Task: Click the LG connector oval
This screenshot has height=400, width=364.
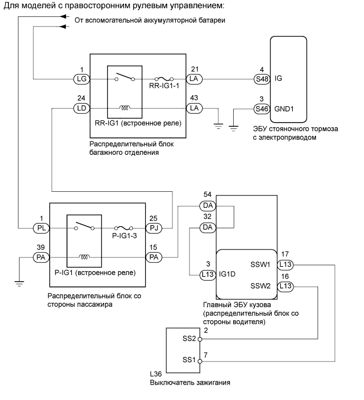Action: coord(82,79)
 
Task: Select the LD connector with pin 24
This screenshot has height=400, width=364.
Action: coord(82,108)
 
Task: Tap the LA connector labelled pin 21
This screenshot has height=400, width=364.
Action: coord(194,79)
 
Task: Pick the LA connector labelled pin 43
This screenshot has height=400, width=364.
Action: coord(194,108)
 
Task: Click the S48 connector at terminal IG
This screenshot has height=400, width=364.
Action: coord(262,79)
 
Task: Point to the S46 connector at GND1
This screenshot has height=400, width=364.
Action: coord(262,109)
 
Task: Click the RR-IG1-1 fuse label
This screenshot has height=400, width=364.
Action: coord(164,86)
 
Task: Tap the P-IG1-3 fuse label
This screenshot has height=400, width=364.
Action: coord(124,236)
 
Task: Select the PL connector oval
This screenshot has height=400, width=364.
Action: coord(41,228)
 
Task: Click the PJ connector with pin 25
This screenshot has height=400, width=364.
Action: coord(154,228)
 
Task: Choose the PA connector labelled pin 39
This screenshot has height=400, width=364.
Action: coord(41,257)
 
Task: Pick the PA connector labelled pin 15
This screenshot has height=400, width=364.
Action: coord(154,257)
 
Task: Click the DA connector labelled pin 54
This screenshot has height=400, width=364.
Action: coord(208,206)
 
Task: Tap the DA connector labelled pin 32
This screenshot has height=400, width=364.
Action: coord(208,227)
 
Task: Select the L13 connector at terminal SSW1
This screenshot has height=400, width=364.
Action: coord(285,265)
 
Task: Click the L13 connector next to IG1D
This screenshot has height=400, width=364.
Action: coord(208,275)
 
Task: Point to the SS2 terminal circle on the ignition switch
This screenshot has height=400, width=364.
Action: coord(200,339)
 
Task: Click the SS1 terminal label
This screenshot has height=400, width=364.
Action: coord(189,360)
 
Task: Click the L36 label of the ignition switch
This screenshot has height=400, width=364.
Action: coord(156,374)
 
